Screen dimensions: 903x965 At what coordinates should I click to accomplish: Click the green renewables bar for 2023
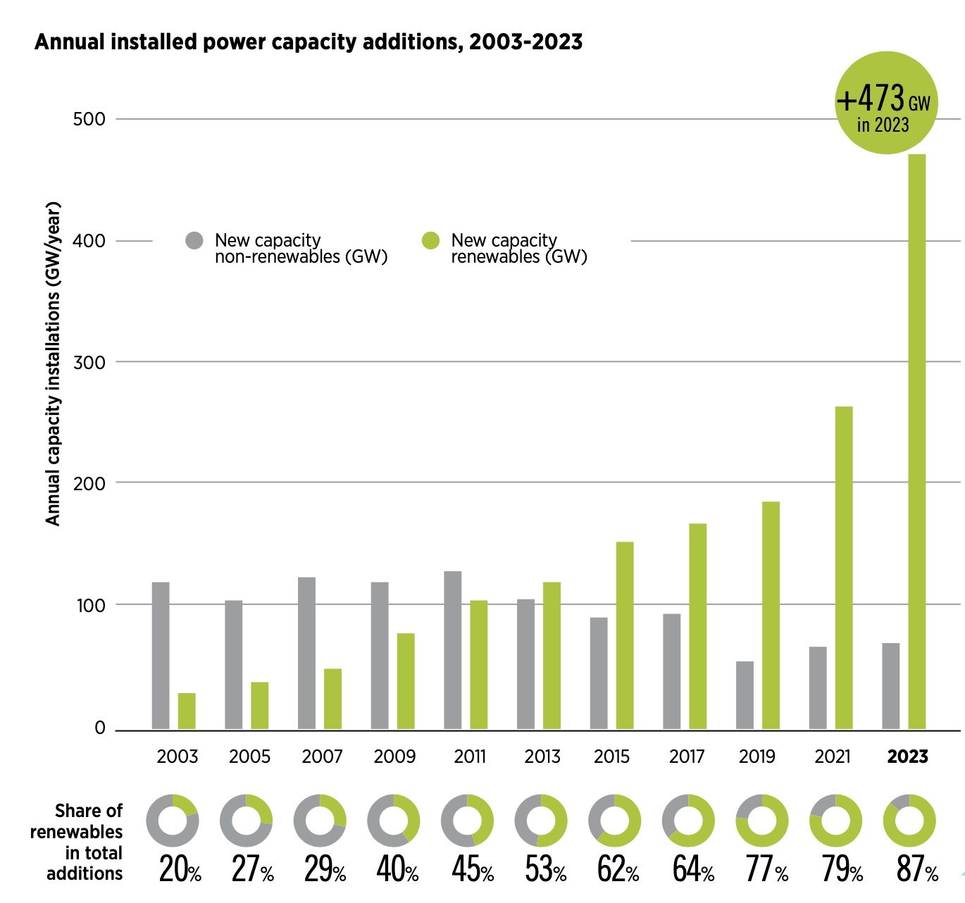click(916, 441)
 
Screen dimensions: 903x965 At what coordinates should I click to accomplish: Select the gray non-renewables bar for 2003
click(161, 655)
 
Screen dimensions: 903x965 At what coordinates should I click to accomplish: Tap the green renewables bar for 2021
click(844, 567)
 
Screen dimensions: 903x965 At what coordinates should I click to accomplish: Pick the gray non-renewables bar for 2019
click(745, 695)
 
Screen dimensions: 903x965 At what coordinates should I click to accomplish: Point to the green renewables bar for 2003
click(187, 711)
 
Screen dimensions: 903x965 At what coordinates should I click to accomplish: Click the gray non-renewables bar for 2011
click(453, 649)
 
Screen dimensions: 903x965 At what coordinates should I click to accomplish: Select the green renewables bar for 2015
click(625, 635)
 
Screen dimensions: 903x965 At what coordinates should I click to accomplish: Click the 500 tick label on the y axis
click(89, 119)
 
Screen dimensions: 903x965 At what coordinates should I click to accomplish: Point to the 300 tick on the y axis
click(89, 362)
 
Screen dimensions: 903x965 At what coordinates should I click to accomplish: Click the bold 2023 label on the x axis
click(907, 757)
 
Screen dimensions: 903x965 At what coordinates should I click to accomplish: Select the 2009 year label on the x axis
click(394, 757)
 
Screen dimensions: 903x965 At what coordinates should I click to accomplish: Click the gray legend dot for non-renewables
click(194, 241)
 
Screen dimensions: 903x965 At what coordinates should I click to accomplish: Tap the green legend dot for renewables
click(430, 241)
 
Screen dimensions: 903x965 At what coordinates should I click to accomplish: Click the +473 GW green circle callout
click(885, 103)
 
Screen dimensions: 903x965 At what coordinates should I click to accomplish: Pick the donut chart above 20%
click(173, 821)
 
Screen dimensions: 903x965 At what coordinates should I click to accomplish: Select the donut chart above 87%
click(909, 821)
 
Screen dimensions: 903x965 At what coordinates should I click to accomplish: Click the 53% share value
click(546, 869)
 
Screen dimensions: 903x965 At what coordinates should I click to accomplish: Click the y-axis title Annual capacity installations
click(53, 363)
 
